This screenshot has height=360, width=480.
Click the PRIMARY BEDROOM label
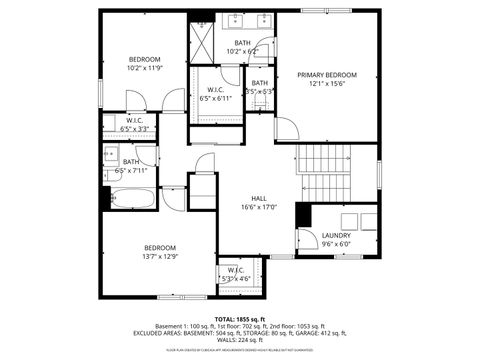click(327, 75)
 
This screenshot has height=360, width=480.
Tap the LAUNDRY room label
click(336, 235)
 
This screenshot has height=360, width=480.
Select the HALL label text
click(258, 198)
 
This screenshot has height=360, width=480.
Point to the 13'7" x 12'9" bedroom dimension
click(160, 257)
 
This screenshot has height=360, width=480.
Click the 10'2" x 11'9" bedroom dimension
click(145, 68)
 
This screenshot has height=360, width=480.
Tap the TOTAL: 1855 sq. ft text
click(240, 318)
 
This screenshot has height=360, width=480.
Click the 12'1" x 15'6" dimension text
click(327, 84)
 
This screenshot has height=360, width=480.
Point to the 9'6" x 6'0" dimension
click(336, 244)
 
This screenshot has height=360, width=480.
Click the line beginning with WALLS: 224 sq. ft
click(240, 341)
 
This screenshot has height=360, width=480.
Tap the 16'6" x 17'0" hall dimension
click(258, 207)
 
